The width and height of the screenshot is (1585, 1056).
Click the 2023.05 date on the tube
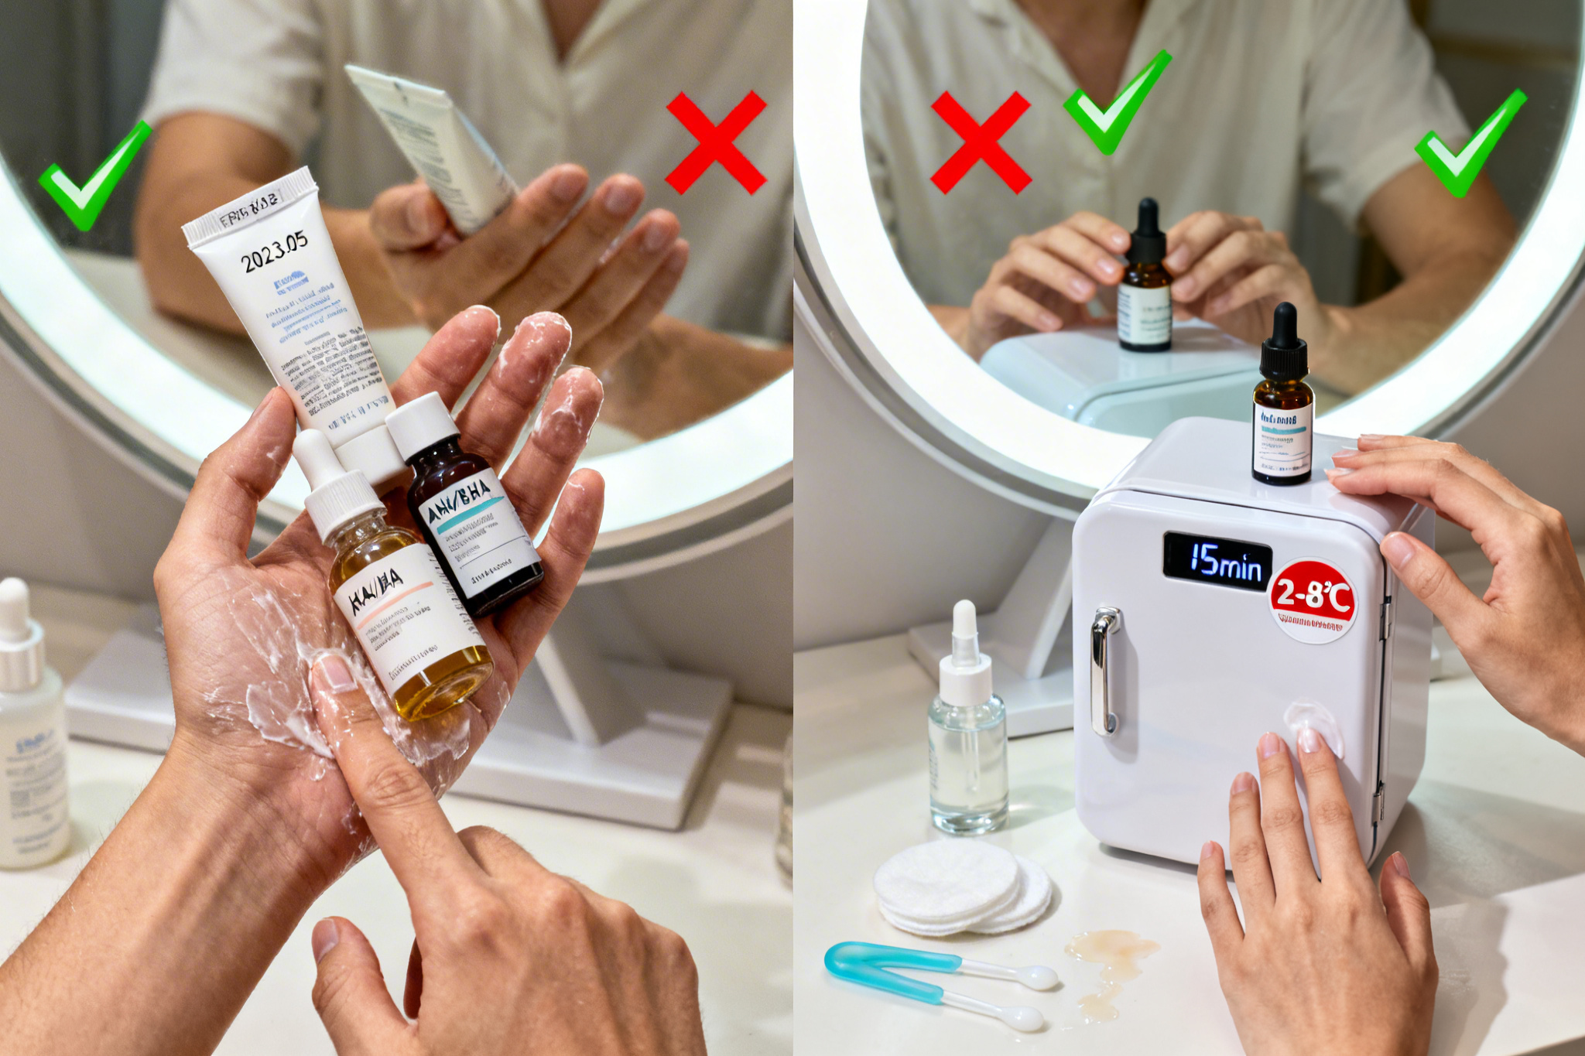275,252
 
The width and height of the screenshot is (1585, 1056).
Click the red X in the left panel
716,143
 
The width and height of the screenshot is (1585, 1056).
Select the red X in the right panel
981,143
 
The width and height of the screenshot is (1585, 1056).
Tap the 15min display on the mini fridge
1217,562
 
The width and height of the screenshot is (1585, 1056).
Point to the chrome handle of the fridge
1104,670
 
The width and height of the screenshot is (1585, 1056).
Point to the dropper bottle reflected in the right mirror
1145,286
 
